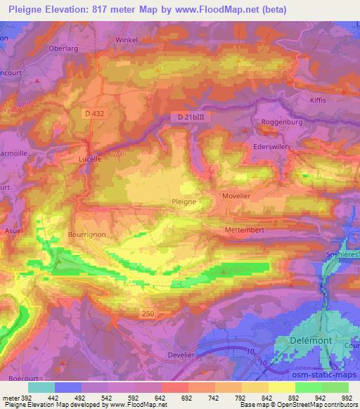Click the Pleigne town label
click(x=184, y=201)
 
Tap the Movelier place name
click(x=236, y=197)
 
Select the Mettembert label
click(x=243, y=228)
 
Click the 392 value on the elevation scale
click(x=25, y=398)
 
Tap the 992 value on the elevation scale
click(x=346, y=398)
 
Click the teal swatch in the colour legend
click(x=41, y=387)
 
